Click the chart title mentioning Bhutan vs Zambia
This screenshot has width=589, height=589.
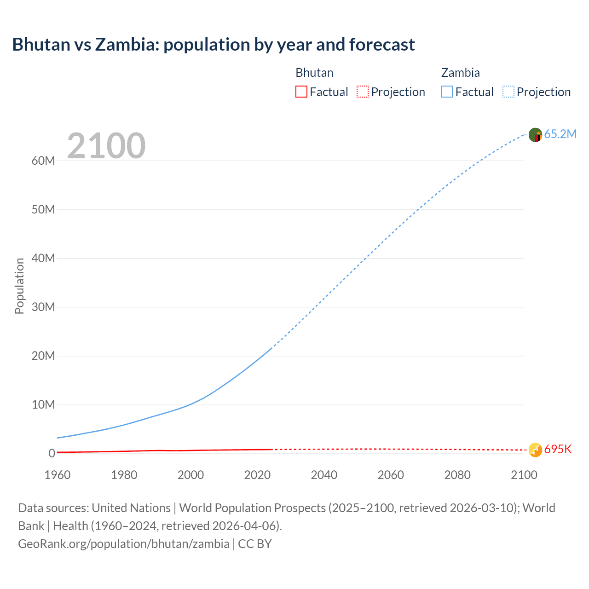(214, 45)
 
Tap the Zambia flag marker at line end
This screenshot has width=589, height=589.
(535, 135)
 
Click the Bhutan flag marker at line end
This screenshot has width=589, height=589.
(535, 450)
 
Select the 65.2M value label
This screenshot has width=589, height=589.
(560, 134)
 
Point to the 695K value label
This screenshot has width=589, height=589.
(558, 450)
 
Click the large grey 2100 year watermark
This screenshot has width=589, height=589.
(106, 146)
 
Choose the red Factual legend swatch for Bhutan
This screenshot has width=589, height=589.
(301, 92)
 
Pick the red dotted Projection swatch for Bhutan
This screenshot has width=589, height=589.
(363, 92)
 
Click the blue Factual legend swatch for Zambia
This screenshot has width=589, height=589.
(446, 92)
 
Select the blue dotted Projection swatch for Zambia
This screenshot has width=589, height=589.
(508, 92)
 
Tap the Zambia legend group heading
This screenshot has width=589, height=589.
(460, 73)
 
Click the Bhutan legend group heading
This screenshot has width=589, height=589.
(314, 73)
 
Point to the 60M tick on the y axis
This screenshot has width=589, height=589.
(43, 161)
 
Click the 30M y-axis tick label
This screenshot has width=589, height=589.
(43, 307)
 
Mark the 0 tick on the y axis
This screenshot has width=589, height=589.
(52, 453)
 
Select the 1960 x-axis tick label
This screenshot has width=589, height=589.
(58, 475)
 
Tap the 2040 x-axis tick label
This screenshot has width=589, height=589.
(324, 475)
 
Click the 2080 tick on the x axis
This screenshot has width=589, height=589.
(457, 475)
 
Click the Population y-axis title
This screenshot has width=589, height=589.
(19, 286)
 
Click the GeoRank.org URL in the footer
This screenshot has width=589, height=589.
(124, 544)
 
